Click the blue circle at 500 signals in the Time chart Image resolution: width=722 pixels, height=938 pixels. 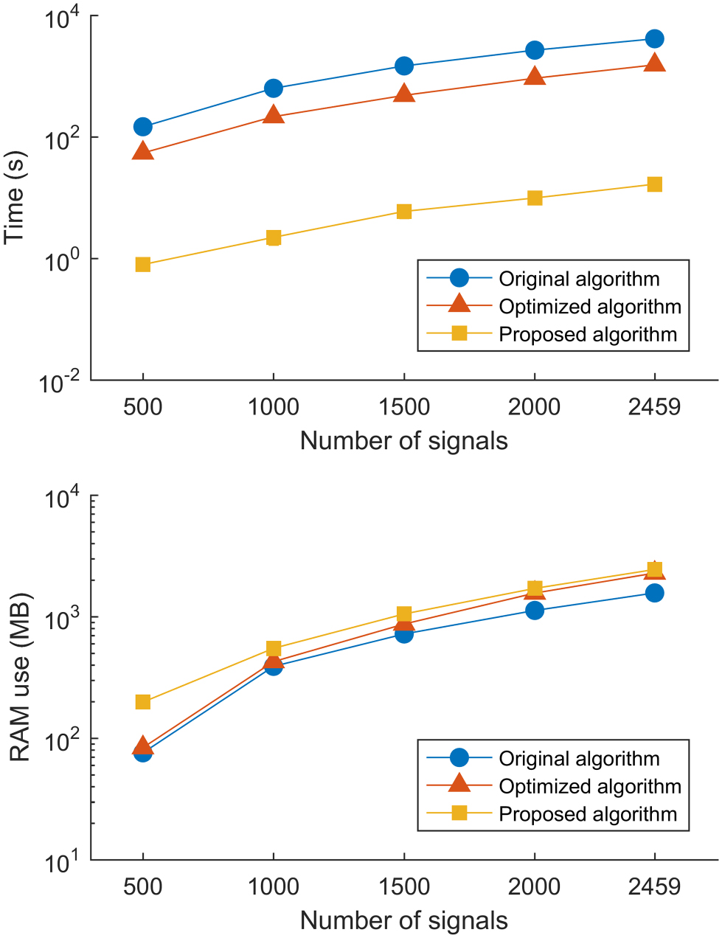tap(143, 127)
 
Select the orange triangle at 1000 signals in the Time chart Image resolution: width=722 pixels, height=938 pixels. tap(274, 116)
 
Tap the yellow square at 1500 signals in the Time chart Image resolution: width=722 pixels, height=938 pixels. tap(404, 212)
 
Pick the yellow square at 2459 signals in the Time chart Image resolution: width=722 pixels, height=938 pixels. tap(654, 184)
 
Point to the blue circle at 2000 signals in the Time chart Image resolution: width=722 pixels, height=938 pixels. tap(535, 50)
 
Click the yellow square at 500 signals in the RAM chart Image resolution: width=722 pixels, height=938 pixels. tap(143, 702)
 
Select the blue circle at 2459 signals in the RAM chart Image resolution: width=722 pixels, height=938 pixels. tap(654, 593)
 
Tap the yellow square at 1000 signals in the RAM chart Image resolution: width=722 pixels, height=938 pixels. tap(274, 649)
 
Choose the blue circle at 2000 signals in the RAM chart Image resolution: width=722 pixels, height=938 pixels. tap(535, 611)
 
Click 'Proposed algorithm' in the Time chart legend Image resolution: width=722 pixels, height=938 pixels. tap(588, 335)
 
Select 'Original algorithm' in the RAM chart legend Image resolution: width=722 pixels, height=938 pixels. tap(579, 759)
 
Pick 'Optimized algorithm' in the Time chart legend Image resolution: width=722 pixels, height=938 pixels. tap(590, 307)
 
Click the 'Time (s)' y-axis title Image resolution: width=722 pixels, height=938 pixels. tap(15, 197)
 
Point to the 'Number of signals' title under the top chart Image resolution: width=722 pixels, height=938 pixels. tap(403, 441)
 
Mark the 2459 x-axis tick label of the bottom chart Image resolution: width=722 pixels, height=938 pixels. tap(654, 886)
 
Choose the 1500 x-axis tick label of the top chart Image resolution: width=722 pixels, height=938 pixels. tap(404, 406)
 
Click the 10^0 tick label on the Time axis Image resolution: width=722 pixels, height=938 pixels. tap(63, 261)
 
